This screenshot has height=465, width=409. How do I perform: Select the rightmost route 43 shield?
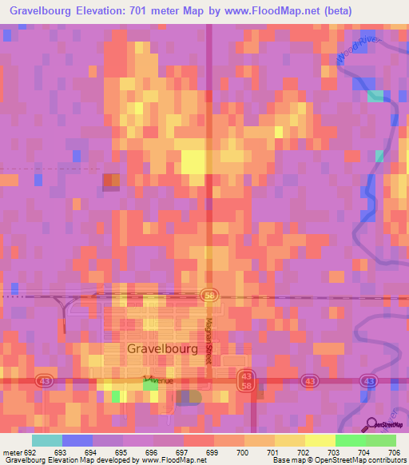click(x=367, y=383)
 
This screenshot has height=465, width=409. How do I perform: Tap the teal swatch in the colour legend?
click(x=47, y=440)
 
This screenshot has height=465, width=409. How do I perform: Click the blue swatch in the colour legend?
click(x=77, y=440)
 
